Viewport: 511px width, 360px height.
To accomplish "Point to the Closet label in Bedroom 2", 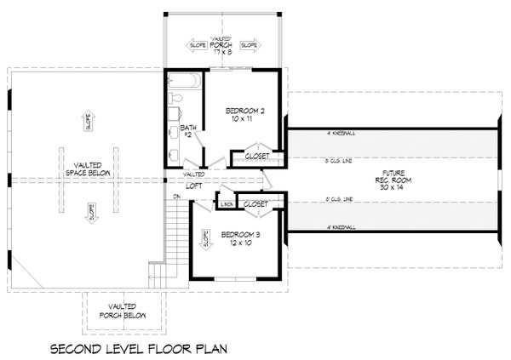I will click(257, 157).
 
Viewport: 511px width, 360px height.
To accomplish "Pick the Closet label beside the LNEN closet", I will click(255, 204).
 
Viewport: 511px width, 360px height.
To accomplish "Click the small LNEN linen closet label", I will click(227, 204).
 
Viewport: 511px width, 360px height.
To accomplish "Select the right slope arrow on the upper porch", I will click(250, 44).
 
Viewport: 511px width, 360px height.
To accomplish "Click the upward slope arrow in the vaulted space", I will click(89, 120).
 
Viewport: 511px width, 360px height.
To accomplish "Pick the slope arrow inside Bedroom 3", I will click(205, 242).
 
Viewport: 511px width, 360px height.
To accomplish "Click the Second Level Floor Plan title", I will click(138, 348).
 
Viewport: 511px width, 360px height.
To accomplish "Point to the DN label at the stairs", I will click(176, 197).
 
